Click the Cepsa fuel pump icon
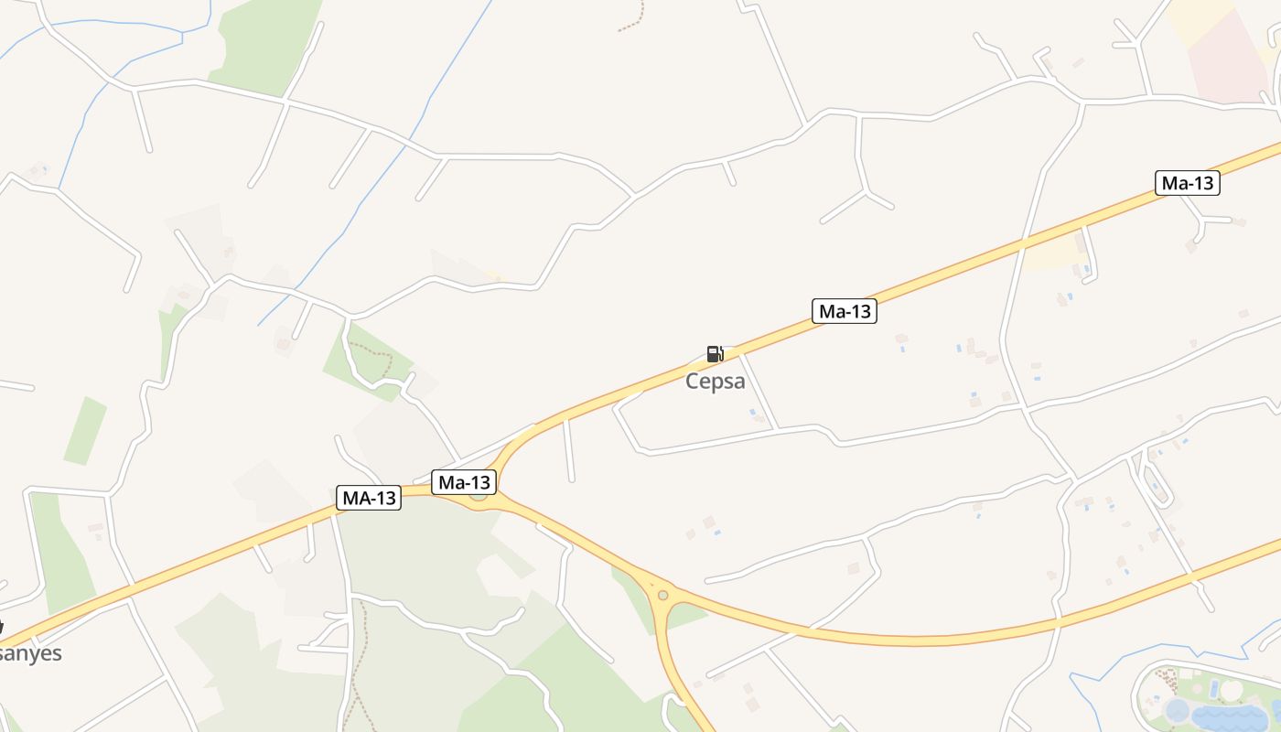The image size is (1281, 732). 715,354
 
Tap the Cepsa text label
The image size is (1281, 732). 716,381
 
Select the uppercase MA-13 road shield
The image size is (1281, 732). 369,498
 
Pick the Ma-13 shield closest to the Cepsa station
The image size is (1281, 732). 844,311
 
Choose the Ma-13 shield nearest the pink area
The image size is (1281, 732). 1187,183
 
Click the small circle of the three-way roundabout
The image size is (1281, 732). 662,596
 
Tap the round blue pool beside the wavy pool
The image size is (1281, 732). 1177,710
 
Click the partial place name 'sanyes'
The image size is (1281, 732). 31,653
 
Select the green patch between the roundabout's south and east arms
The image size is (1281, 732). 687,616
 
